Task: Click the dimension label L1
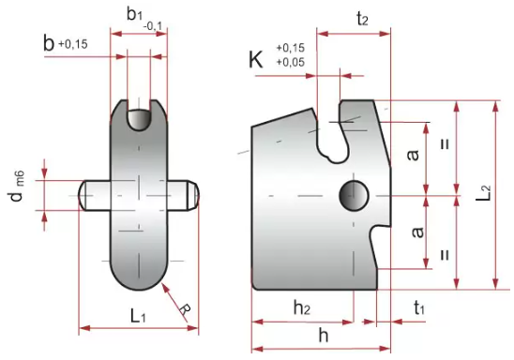tap(138, 316)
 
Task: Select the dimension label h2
tap(302, 308)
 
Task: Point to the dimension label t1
tap(419, 308)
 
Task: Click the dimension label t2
tap(362, 20)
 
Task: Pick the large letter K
tap(256, 60)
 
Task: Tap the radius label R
tap(185, 308)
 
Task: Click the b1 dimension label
tap(134, 15)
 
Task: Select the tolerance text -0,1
tap(153, 26)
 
